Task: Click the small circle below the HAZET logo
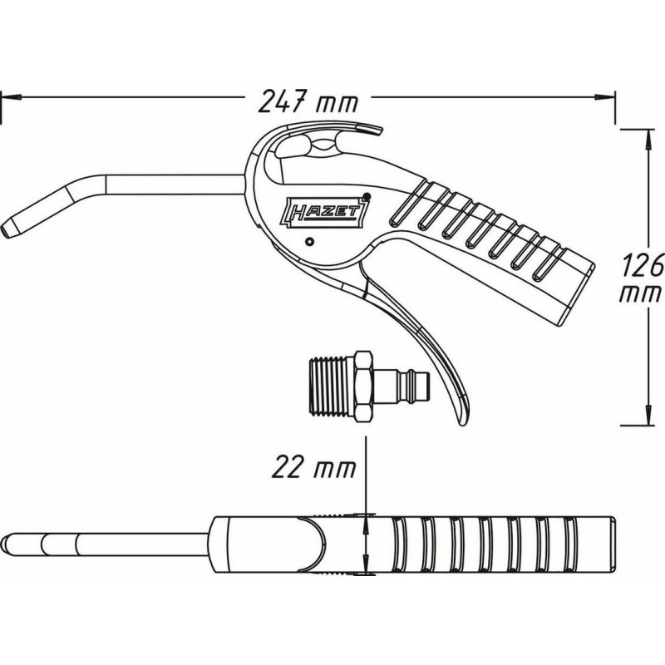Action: point(309,242)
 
